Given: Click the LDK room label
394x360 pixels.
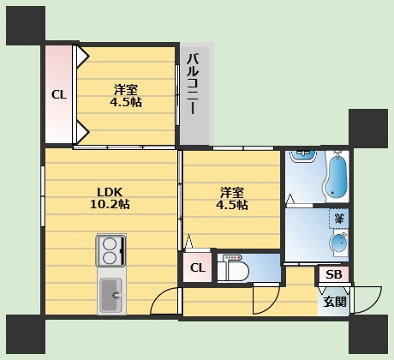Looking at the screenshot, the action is (x=110, y=192).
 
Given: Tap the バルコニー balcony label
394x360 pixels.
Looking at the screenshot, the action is (x=193, y=85).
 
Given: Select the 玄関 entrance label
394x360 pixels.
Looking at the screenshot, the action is (x=335, y=302).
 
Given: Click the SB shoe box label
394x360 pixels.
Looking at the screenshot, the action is (x=334, y=274).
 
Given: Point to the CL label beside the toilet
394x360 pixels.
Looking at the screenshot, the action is (x=198, y=267).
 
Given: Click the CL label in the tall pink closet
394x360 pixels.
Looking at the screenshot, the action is (x=59, y=94).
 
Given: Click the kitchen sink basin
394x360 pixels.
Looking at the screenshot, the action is (x=111, y=295).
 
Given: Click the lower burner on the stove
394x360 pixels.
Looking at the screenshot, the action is (x=109, y=258).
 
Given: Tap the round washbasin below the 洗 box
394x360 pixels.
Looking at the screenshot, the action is (x=339, y=243).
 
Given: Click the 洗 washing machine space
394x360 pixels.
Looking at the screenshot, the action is (x=339, y=219).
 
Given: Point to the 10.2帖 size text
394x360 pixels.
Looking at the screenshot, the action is (x=110, y=204).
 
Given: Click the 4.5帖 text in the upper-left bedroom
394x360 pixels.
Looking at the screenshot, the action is (x=126, y=102).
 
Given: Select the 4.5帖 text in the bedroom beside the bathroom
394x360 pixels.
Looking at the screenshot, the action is (x=232, y=205).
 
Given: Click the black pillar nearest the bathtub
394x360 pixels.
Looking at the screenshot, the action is (x=368, y=127).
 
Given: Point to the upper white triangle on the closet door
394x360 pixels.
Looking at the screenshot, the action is (x=82, y=56).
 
